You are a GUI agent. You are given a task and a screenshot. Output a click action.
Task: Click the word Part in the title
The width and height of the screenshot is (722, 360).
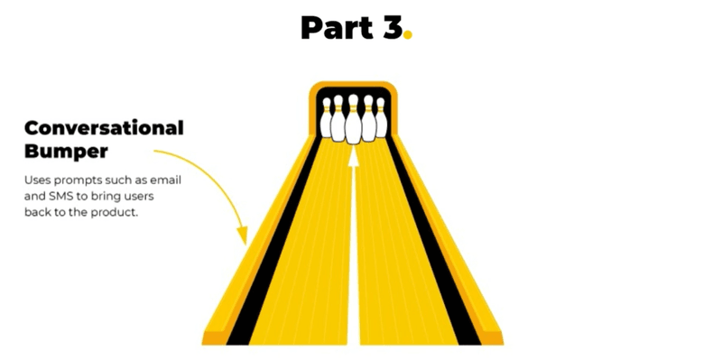click(336, 28)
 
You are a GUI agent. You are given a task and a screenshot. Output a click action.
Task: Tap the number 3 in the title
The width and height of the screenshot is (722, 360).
click(392, 28)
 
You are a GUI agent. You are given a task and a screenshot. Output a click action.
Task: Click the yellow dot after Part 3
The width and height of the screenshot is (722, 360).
click(408, 34)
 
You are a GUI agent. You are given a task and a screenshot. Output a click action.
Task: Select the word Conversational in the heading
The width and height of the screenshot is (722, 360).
click(104, 128)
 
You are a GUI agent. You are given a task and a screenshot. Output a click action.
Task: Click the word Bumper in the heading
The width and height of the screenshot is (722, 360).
click(66, 151)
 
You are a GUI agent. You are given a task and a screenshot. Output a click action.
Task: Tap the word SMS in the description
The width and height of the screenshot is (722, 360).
click(60, 197)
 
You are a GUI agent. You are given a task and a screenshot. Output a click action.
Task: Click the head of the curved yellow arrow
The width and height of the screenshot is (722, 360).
click(243, 235)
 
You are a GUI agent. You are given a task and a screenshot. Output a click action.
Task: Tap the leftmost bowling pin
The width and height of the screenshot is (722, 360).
click(327, 118)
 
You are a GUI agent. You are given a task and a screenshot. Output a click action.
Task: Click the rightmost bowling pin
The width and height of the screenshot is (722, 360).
click(381, 118)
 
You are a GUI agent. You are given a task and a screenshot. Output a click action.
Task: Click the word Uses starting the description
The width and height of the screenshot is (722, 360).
click(35, 180)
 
